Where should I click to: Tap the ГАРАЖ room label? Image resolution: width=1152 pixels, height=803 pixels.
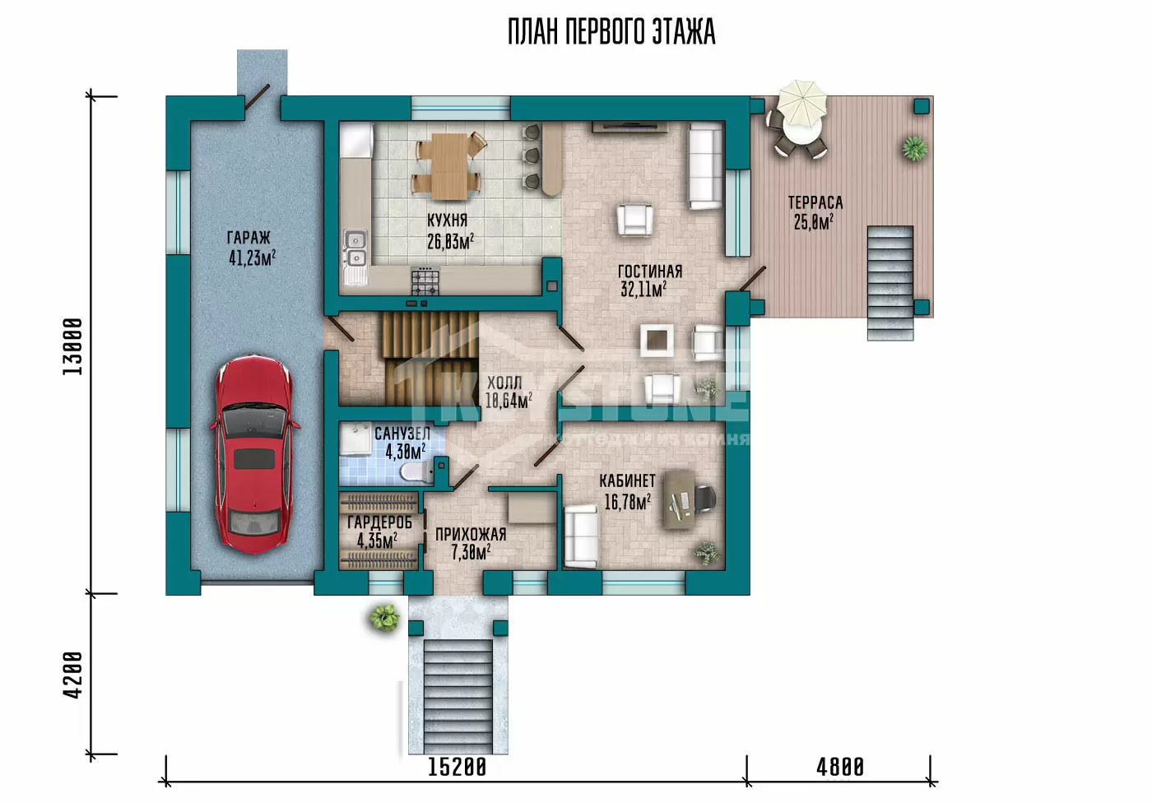(x=249, y=238)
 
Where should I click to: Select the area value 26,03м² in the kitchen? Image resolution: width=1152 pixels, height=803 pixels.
(x=451, y=241)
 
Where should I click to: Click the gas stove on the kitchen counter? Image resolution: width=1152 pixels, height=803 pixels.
(x=425, y=281)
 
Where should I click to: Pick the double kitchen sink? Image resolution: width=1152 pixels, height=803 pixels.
(x=355, y=248)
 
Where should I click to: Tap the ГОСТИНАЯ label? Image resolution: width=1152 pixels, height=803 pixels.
(x=650, y=271)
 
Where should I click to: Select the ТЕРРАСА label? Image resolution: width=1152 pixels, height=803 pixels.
(x=815, y=202)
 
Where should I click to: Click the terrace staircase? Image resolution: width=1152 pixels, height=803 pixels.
(x=890, y=283)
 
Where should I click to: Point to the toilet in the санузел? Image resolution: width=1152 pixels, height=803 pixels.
(x=418, y=471)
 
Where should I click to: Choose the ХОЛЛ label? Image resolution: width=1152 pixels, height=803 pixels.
(x=504, y=383)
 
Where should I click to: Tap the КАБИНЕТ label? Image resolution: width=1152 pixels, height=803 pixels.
(x=627, y=480)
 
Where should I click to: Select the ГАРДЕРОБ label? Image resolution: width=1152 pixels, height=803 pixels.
(x=379, y=522)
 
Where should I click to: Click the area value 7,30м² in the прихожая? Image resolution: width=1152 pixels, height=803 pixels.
(x=471, y=552)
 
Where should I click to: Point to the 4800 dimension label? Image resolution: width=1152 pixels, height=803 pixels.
(x=840, y=768)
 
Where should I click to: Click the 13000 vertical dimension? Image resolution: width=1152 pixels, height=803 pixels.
(x=72, y=346)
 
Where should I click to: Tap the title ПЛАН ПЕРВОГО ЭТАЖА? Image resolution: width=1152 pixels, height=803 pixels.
(x=611, y=32)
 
